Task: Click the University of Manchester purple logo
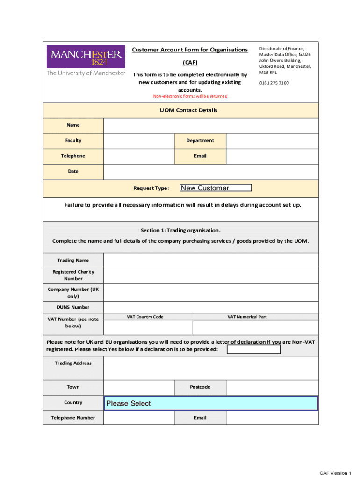pyautogui.click(x=86, y=57)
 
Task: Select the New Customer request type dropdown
pyautogui.click(x=216, y=188)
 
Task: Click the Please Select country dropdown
pyautogui.click(x=210, y=403)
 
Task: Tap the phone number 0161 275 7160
pyautogui.click(x=274, y=83)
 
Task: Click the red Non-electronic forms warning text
pyautogui.click(x=190, y=96)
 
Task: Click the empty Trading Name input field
pyautogui.click(x=211, y=260)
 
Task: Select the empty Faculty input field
pyautogui.click(x=138, y=140)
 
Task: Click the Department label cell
pyautogui.click(x=200, y=140)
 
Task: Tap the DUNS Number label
pyautogui.click(x=73, y=307)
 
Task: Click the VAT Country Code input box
pyautogui.click(x=148, y=327)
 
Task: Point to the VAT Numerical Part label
pyautogui.click(x=247, y=317)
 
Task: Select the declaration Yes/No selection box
pyautogui.click(x=253, y=349)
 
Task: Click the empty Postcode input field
pyautogui.click(x=272, y=387)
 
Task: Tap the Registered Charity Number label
pyautogui.click(x=73, y=275)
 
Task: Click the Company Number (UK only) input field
pyautogui.click(x=211, y=293)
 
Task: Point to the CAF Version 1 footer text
pyautogui.click(x=335, y=473)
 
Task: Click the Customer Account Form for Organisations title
pyautogui.click(x=190, y=50)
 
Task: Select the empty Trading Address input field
pyautogui.click(x=211, y=368)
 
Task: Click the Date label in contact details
pyautogui.click(x=73, y=171)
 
